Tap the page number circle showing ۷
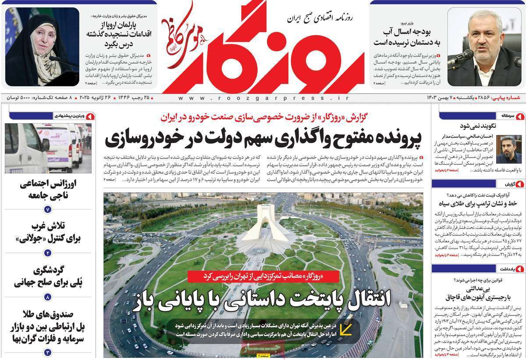[x=48, y=209]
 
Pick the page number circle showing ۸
[x=48, y=298]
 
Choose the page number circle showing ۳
[x=48, y=352]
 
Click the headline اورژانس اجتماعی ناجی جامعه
[x=48, y=190]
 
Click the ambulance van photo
[x=48, y=148]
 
